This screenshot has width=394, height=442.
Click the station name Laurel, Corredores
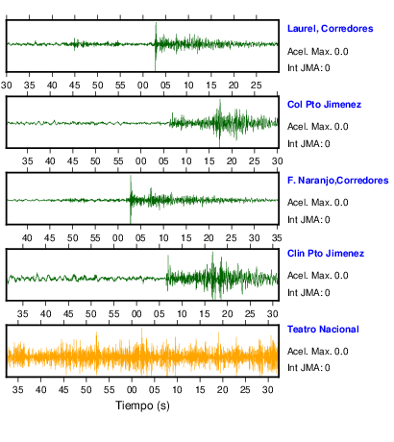tap(330, 29)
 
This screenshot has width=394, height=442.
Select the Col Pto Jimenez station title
tap(324, 105)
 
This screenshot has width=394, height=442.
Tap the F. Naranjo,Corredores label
tap(337, 181)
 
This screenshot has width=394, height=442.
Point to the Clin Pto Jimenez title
tap(326, 254)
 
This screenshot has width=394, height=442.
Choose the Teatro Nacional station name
tap(323, 330)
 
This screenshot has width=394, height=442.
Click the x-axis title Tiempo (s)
tap(142, 405)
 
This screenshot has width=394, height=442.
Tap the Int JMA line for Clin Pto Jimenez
tap(308, 293)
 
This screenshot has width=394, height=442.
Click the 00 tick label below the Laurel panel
tap(143, 86)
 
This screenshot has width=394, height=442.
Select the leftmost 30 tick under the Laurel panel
tap(7, 86)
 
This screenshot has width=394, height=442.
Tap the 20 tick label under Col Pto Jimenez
tap(232, 161)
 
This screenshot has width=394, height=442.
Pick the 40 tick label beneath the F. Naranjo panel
tap(27, 238)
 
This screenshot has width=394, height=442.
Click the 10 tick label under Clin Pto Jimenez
tap(182, 313)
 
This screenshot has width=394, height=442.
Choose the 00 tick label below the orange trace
tap(132, 390)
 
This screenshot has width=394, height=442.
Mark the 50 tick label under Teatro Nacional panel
tap(86, 390)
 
